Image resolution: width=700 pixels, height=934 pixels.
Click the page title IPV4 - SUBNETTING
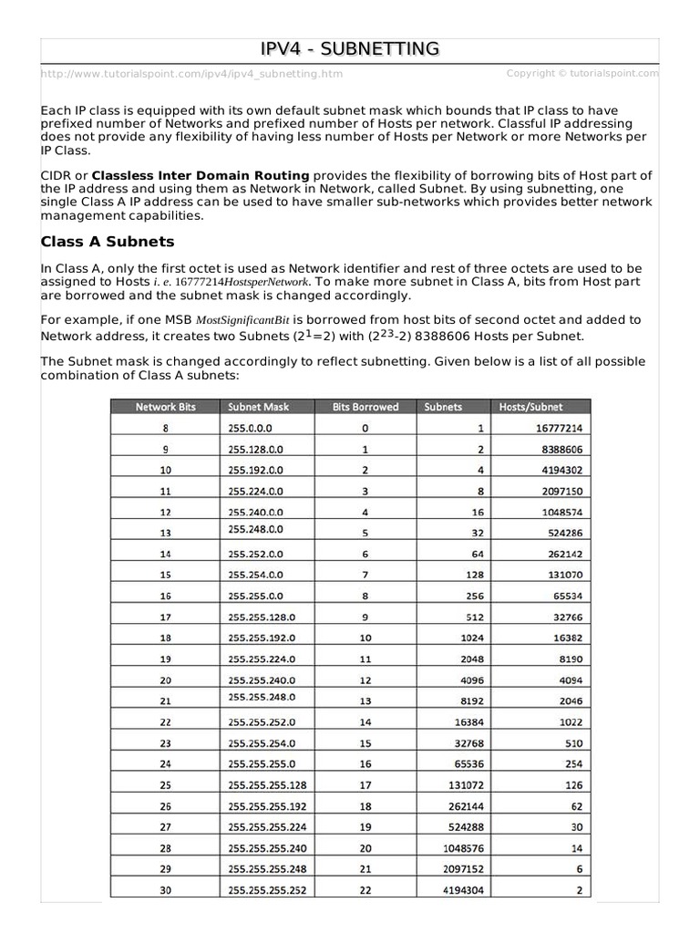coord(350,48)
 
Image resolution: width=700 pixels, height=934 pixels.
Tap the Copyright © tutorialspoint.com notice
coord(582,73)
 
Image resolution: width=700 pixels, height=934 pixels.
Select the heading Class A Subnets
coord(108,242)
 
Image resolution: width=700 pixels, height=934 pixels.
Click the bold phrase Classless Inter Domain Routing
coord(201,175)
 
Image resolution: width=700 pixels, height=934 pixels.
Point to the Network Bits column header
coord(165,407)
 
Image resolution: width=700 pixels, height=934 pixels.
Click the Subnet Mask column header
coord(259,407)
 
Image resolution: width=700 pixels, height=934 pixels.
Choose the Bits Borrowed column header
coord(365,407)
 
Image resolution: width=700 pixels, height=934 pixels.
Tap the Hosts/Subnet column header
coord(531,407)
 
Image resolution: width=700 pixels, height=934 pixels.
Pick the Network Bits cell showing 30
coord(165,890)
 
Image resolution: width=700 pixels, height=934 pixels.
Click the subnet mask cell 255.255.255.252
coord(269,890)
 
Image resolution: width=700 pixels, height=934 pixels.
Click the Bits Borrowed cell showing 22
coord(365,890)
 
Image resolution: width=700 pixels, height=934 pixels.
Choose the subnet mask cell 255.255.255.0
coord(262,763)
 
